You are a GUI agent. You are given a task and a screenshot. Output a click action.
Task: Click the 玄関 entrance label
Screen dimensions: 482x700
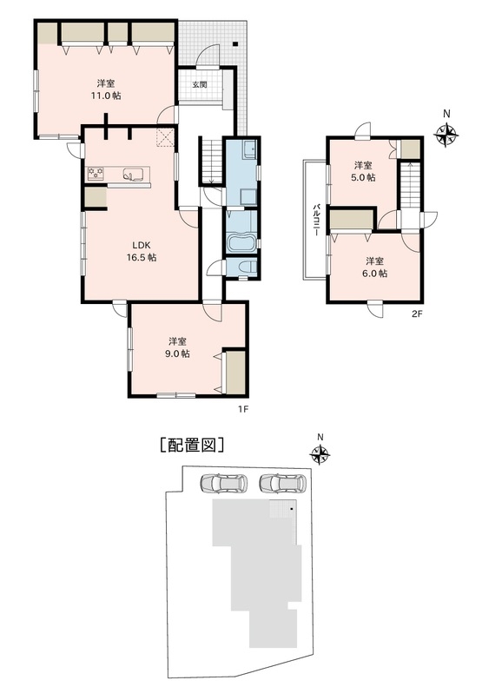tap(200, 84)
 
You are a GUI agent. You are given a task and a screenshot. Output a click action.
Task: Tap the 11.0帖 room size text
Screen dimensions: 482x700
tap(106, 96)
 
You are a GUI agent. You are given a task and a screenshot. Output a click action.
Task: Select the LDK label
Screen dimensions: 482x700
tap(142, 245)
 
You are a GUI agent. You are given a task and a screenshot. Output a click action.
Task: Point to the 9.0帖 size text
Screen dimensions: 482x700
tap(179, 353)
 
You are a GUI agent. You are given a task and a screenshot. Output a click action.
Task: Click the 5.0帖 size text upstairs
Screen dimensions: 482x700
tap(364, 177)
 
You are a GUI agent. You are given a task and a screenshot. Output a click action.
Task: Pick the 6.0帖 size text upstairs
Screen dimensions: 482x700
tap(375, 274)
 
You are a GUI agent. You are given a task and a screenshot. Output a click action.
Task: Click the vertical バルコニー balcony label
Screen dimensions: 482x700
tap(316, 220)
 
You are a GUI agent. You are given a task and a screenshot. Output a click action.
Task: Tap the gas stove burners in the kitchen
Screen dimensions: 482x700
tap(96, 173)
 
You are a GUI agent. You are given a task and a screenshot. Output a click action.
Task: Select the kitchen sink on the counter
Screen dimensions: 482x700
tap(133, 174)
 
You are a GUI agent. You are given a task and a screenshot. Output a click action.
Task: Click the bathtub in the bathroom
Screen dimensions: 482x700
tap(242, 244)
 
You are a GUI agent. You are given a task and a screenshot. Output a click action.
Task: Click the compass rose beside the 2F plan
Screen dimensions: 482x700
tap(446, 135)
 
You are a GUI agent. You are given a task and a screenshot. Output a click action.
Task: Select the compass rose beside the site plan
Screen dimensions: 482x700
tap(320, 455)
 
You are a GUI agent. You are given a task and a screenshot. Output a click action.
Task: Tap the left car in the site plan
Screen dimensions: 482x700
tap(224, 483)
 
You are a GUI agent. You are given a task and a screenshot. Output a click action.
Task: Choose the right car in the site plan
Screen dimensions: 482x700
tap(283, 483)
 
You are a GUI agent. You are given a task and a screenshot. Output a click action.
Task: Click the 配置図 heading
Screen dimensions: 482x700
tap(192, 445)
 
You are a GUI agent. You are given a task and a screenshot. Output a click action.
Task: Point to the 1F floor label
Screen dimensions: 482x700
tap(242, 408)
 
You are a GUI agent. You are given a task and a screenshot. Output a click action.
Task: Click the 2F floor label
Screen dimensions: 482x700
tap(416, 314)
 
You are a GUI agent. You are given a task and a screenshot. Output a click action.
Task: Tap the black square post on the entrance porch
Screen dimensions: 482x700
tap(235, 43)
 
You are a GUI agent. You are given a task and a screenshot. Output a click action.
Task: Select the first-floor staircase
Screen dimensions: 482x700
tap(212, 161)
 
